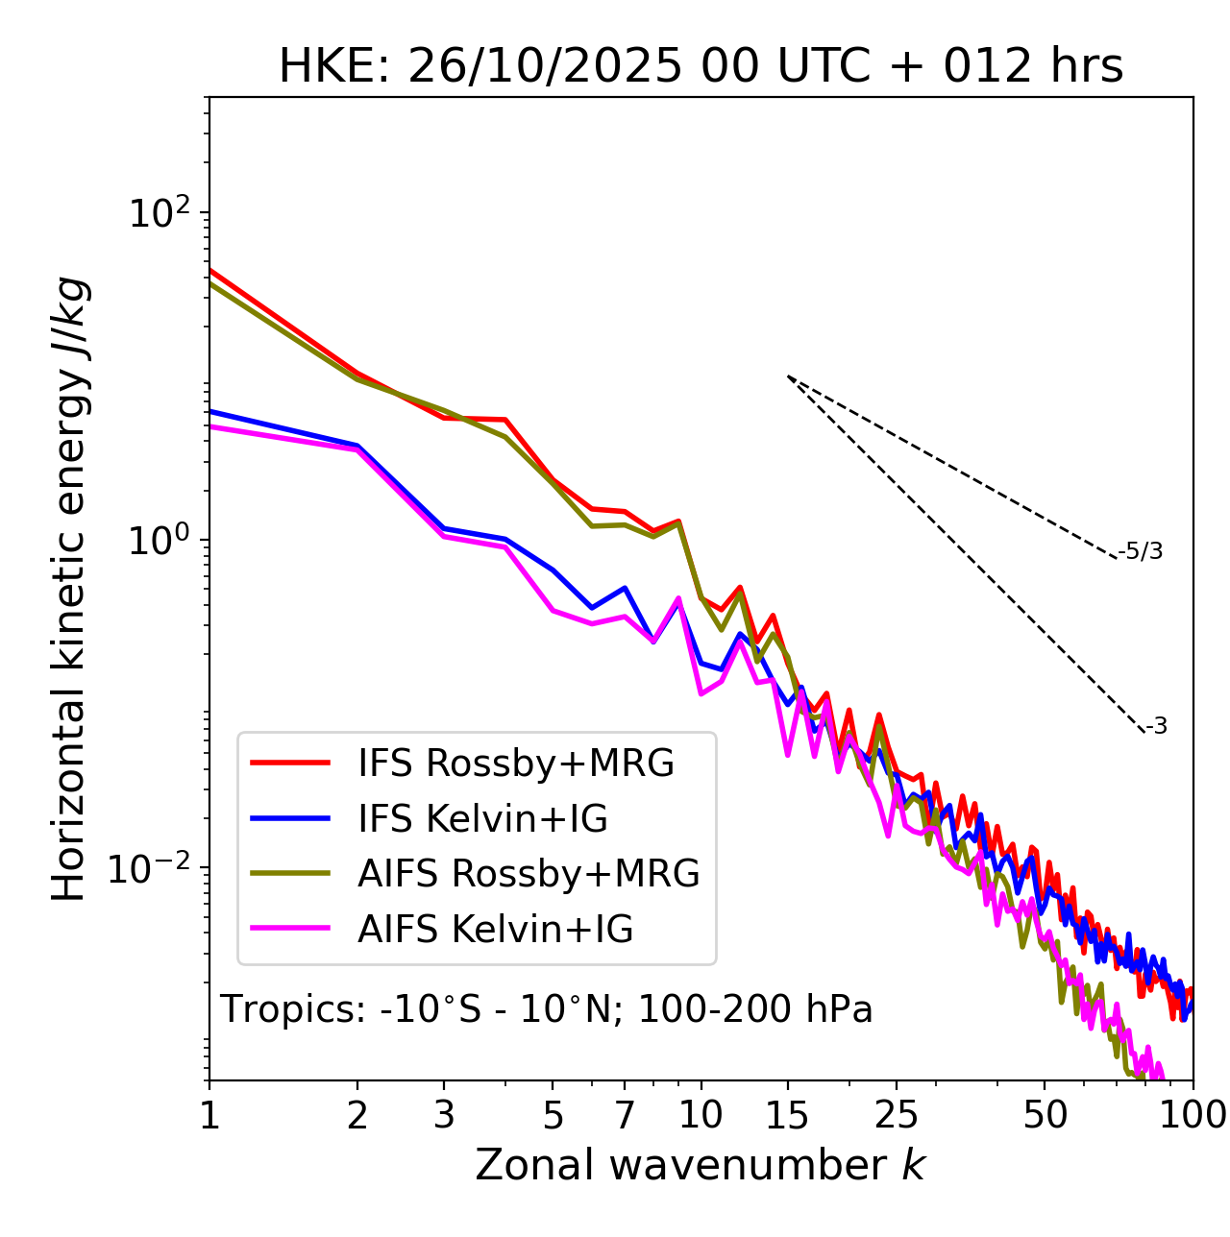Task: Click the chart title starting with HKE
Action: click(701, 67)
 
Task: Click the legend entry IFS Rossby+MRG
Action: click(515, 764)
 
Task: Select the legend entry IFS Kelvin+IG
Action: click(482, 819)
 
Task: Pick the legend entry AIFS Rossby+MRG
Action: click(529, 874)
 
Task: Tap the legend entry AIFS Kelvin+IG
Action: click(495, 930)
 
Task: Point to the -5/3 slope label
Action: click(1141, 551)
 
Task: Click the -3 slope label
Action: click(1156, 727)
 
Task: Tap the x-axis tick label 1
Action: click(209, 1115)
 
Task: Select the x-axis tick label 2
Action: click(357, 1115)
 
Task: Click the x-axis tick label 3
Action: click(444, 1115)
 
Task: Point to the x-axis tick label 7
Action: click(625, 1115)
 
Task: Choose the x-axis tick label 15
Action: click(787, 1115)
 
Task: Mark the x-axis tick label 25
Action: click(897, 1115)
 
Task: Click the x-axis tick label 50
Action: click(1045, 1115)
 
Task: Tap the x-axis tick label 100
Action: click(1193, 1115)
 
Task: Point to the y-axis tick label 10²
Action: click(159, 213)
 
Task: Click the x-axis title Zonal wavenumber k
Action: click(701, 1165)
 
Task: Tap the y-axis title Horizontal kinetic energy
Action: click(69, 590)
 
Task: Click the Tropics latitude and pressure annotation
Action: click(547, 1009)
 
